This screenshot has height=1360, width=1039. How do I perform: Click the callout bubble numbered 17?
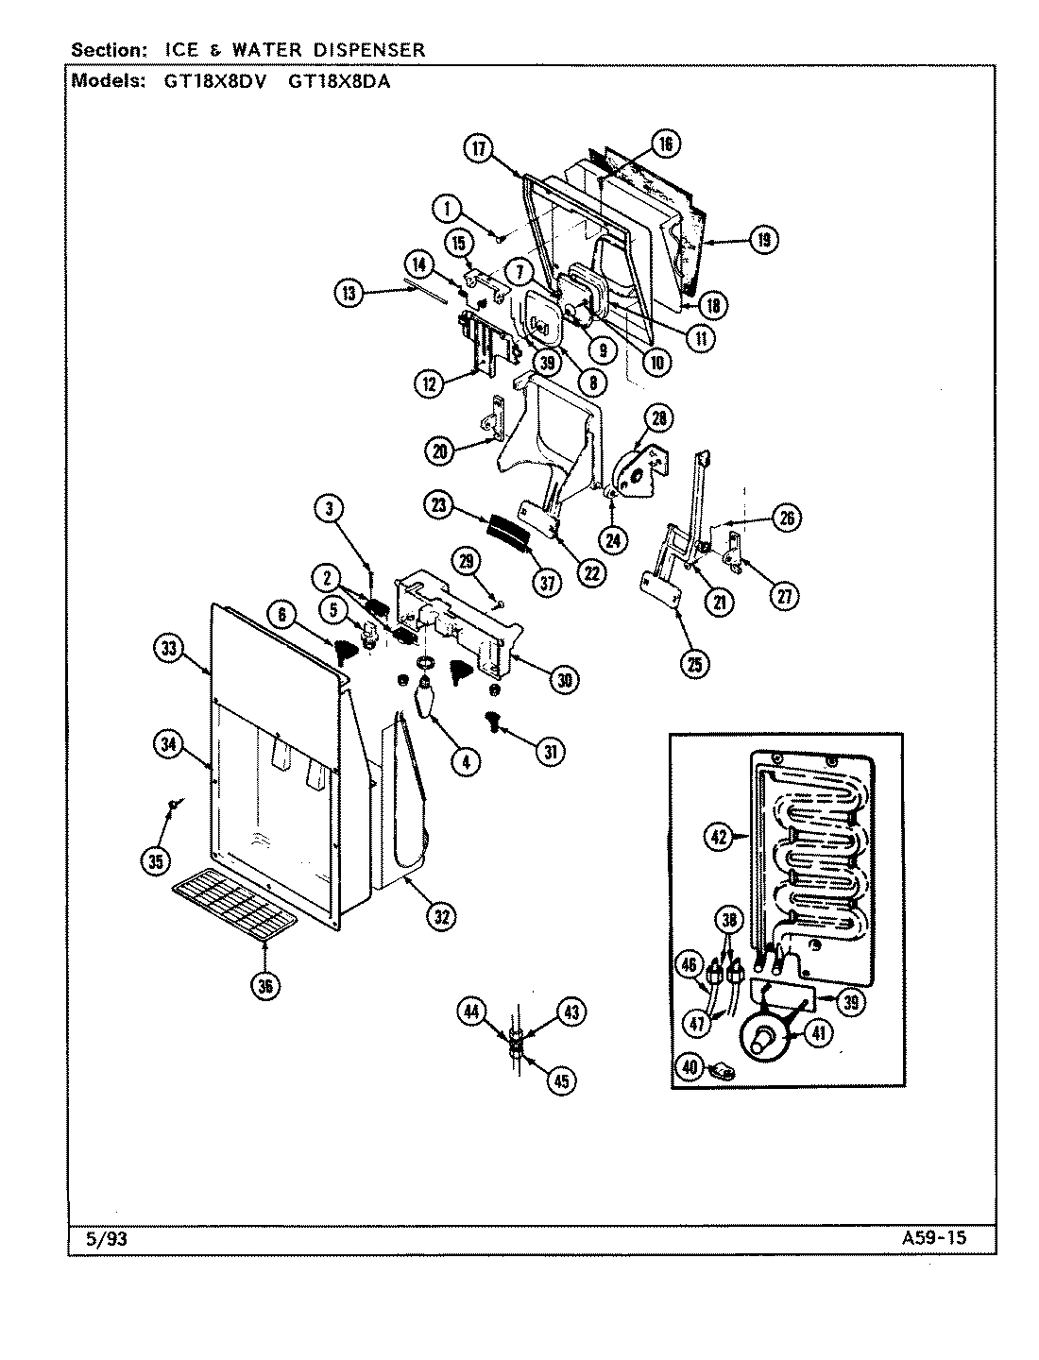(x=480, y=148)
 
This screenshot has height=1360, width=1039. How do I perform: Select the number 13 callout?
(x=351, y=293)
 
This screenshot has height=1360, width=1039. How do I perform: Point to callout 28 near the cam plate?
(x=658, y=418)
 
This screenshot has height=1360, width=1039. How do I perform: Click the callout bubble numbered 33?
(x=169, y=648)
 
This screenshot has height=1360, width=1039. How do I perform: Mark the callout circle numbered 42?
(x=720, y=835)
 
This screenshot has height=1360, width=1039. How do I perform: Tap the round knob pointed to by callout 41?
(x=761, y=1040)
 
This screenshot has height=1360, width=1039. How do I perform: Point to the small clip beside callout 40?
(x=725, y=1070)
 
